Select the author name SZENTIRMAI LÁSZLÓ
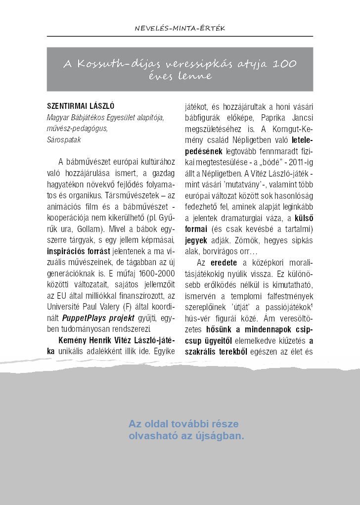click(81, 105)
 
